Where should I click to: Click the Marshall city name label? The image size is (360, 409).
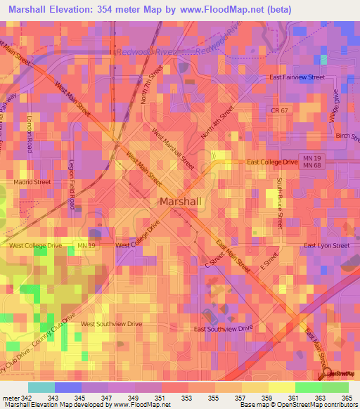(181, 201)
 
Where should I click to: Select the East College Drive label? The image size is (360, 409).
(273, 162)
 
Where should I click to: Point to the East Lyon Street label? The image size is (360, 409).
(326, 246)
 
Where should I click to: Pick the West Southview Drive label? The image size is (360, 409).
(111, 324)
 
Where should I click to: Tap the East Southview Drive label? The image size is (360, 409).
(223, 328)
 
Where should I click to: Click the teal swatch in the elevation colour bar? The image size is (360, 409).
(41, 387)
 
